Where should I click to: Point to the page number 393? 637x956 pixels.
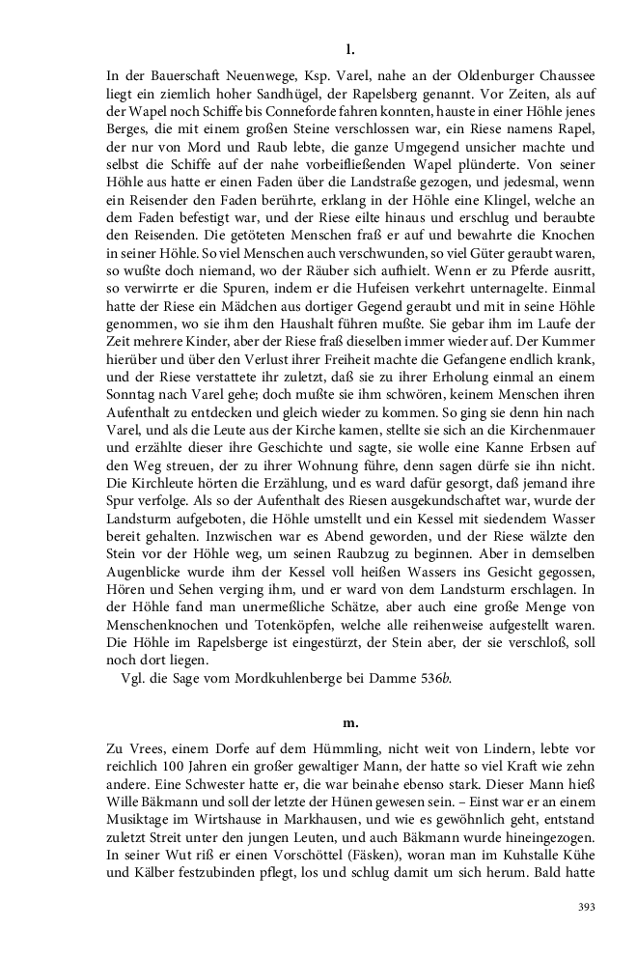(585, 907)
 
